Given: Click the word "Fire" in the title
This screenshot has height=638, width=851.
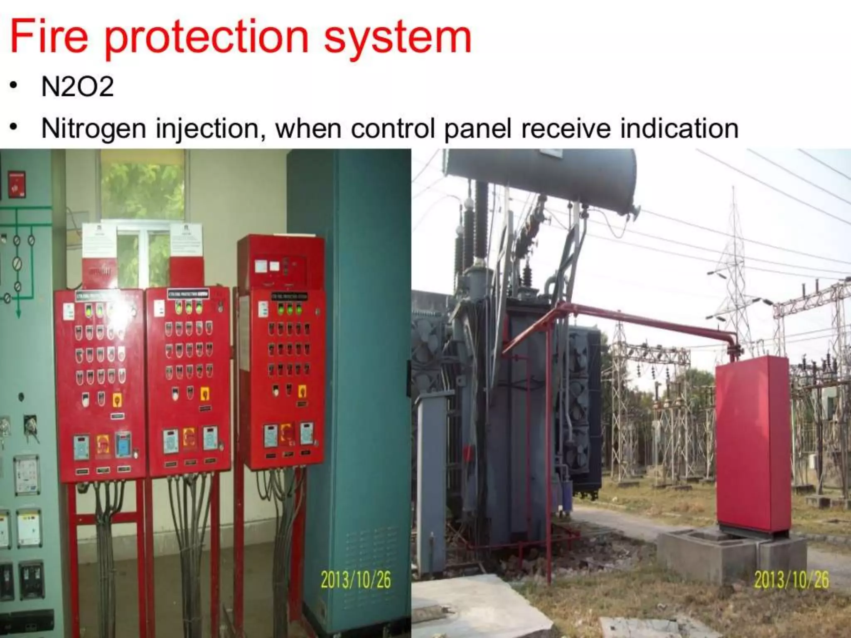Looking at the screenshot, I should pos(49,37).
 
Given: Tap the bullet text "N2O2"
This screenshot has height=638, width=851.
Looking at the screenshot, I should pos(77,87).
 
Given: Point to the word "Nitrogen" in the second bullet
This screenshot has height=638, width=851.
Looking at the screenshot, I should pos(94,128).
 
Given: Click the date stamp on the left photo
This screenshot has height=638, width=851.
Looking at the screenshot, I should pos(355,580).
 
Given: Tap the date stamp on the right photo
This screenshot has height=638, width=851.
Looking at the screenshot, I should pos(791,580).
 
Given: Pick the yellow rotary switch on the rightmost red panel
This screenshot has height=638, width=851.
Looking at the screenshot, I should pos(302,391).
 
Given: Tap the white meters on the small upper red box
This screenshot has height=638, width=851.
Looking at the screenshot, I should pos(268,266).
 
